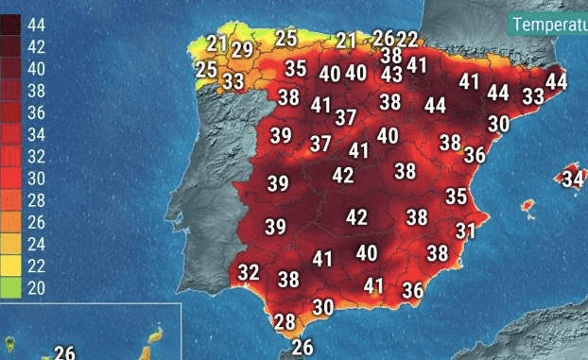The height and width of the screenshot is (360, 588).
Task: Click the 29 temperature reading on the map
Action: coord(242,50)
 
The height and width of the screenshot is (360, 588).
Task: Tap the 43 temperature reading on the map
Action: coord(391,74)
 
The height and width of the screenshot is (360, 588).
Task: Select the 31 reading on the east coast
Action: coord(465,231)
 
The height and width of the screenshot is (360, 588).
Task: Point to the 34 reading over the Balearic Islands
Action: coord(573,179)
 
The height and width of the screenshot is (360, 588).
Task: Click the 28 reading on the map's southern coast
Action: coord(285,321)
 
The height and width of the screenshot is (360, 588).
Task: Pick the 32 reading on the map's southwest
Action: coord(248,273)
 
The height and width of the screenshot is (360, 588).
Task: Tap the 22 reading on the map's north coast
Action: coord(406,39)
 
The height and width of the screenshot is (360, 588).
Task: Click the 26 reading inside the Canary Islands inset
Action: coord(64,353)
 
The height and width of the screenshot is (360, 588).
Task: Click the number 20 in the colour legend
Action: coord(35,287)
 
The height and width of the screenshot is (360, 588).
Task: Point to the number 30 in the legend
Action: coord(35,179)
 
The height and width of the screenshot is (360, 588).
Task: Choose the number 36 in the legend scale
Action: coord(35,112)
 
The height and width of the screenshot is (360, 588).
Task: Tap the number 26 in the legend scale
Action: coord(35,222)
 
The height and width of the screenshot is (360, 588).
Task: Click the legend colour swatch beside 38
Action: coord(11,91)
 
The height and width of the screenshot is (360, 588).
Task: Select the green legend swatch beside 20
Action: coord(11,287)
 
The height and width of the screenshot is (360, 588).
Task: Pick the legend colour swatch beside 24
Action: coord(11,244)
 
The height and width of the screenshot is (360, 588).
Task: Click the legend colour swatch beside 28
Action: coord(11,200)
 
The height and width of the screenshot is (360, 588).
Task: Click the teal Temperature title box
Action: coord(548,24)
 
